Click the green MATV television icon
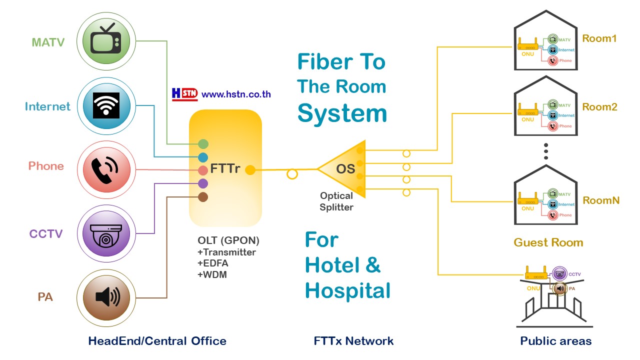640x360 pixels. [x=105, y=41]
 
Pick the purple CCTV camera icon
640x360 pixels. [x=105, y=234]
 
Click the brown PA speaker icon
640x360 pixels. [x=105, y=298]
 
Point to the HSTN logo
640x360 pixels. [x=184, y=93]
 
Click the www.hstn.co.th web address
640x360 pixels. [x=236, y=94]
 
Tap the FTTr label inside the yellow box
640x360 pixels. [x=225, y=169]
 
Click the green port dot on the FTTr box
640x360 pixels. [x=203, y=144]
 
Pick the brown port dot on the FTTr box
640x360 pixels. [x=203, y=197]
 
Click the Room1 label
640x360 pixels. [x=599, y=38]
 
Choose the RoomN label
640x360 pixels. [x=601, y=200]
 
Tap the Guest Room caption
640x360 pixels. [x=548, y=242]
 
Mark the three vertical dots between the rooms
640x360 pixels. [x=546, y=151]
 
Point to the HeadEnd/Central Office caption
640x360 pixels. [x=157, y=341]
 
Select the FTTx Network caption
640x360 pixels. [x=353, y=341]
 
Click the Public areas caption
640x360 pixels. [x=555, y=341]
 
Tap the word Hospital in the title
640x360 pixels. [x=347, y=290]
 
